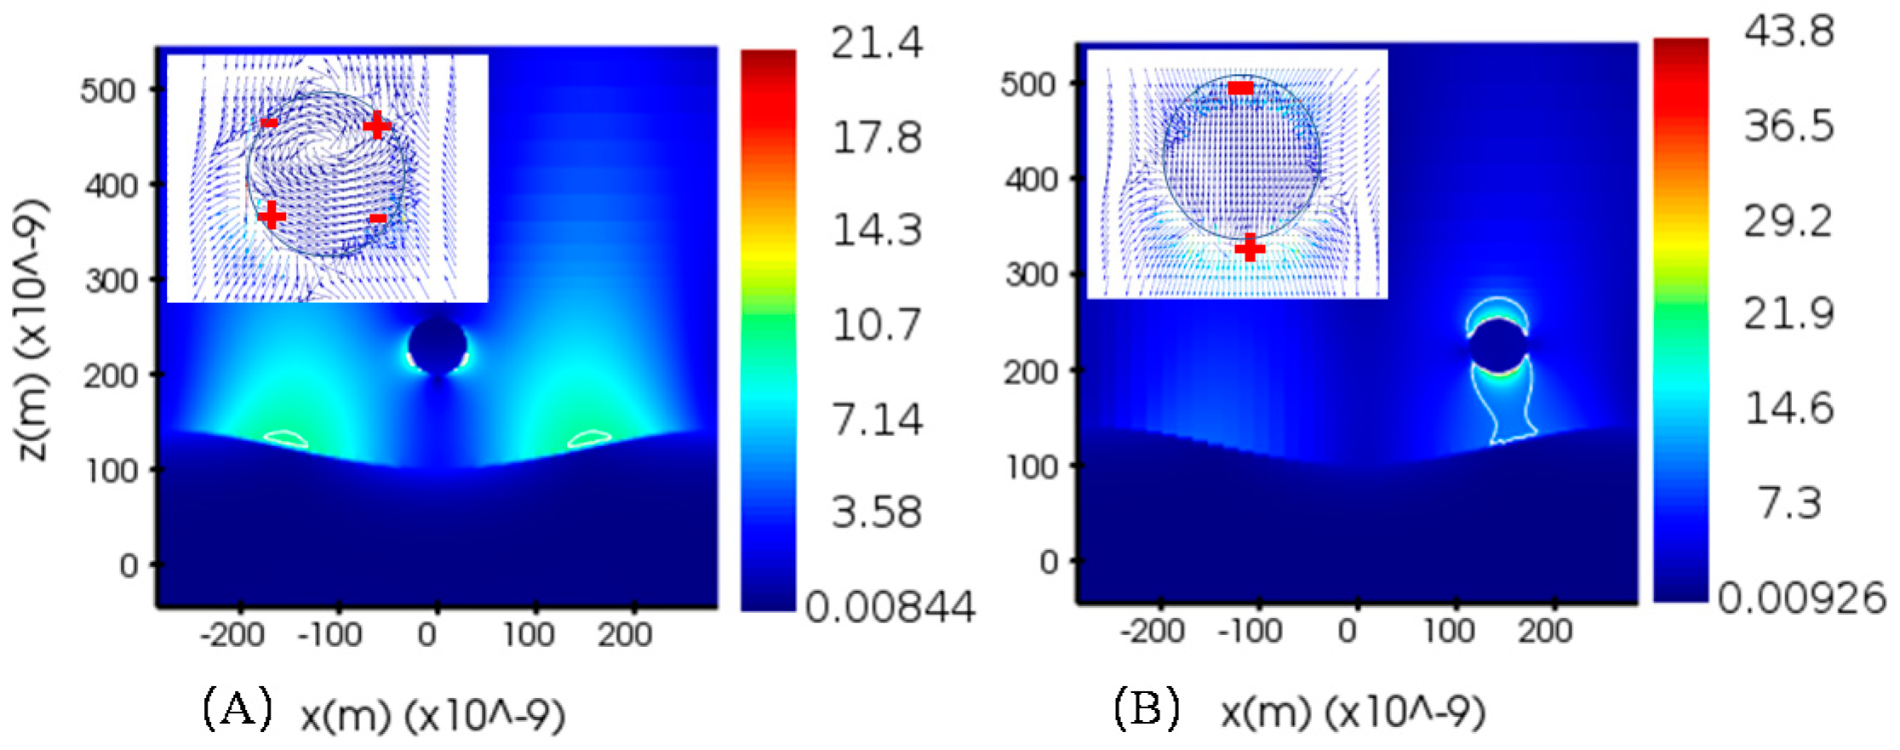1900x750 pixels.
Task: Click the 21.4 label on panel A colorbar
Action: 876,43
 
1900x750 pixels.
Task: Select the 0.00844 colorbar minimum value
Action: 890,607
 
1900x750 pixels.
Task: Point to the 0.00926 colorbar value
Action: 1801,598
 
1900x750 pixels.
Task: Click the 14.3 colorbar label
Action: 876,231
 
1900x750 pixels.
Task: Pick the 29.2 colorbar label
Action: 1788,221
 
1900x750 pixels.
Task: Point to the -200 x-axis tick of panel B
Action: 1153,632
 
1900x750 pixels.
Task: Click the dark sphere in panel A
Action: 438,346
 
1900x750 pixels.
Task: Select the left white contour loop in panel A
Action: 285,439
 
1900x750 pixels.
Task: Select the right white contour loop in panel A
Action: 589,439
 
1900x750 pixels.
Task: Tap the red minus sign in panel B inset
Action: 1240,88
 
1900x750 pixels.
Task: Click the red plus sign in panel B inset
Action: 1250,248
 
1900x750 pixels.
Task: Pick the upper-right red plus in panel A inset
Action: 376,126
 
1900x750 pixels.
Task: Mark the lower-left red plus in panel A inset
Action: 271,215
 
